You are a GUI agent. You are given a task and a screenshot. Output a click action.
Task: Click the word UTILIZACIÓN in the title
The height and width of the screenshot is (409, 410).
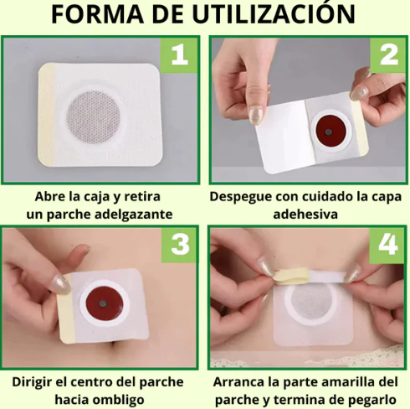(274, 13)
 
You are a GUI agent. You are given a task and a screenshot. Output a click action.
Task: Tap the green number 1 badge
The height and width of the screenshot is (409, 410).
(179, 55)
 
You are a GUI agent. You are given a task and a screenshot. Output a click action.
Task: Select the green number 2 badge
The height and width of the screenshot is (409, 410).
(388, 55)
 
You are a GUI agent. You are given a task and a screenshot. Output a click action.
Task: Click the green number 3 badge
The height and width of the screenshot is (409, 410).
(179, 245)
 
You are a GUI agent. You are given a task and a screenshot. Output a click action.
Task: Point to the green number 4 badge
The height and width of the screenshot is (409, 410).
(387, 245)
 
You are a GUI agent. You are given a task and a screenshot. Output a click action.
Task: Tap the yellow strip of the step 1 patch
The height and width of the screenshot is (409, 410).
(47, 115)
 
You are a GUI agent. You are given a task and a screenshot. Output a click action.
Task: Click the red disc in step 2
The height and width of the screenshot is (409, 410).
(331, 131)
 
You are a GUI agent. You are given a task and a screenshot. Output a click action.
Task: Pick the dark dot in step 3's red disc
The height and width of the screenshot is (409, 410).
(103, 303)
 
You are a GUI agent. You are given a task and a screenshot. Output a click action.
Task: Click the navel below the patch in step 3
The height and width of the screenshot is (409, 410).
(114, 346)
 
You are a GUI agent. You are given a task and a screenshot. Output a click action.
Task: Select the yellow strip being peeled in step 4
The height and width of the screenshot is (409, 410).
(291, 276)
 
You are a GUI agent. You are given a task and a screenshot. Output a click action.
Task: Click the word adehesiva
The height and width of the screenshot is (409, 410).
(305, 215)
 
